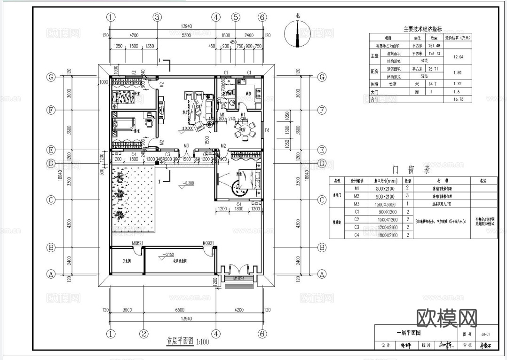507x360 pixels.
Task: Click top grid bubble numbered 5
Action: tap(236, 17)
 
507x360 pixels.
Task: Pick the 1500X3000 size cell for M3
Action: tap(385, 204)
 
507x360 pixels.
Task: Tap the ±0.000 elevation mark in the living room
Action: tap(189, 128)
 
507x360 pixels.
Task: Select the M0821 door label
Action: tap(138, 243)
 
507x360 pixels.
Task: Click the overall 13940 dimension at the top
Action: tap(186, 26)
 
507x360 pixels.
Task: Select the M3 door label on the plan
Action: tap(186, 146)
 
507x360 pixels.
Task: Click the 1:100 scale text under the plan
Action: tap(203, 342)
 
